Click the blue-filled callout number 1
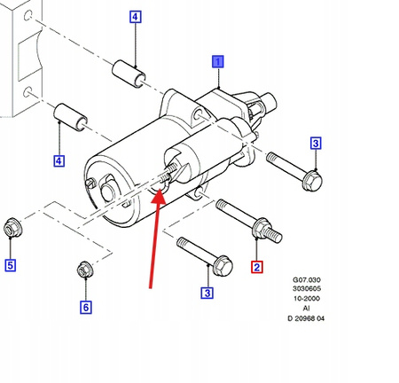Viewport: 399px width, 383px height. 217,61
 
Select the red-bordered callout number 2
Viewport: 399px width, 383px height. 256,266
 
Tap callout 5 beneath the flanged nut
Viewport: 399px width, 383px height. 11,264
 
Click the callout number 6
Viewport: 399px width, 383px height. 86,308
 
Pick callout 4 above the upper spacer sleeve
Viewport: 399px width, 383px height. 135,17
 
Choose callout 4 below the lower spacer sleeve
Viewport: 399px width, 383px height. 59,160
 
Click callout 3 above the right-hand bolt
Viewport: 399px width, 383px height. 315,144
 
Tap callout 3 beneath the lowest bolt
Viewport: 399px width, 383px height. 207,293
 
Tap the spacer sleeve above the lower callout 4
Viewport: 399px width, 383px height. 69,115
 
